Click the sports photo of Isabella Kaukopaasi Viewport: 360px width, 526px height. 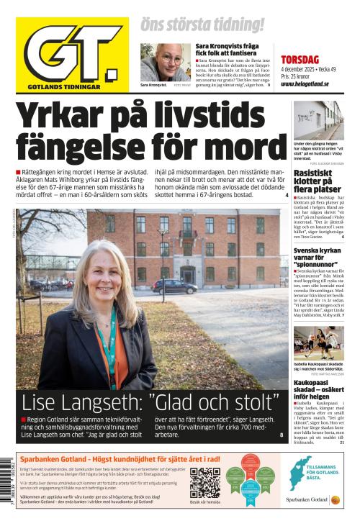(318, 343)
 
